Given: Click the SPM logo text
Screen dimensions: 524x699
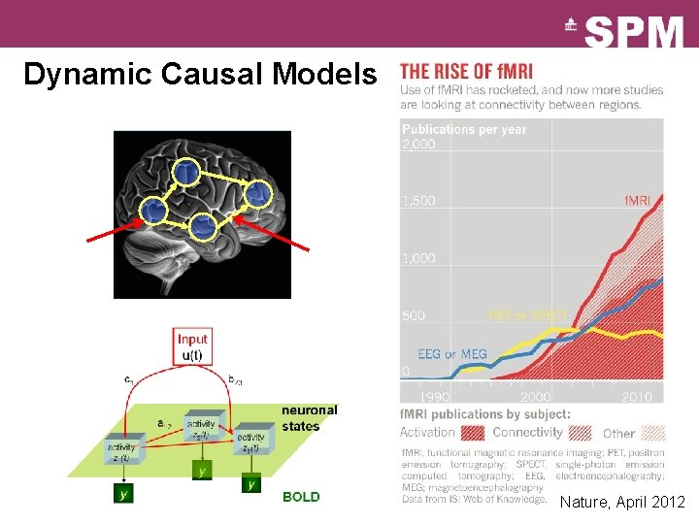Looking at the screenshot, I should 634,33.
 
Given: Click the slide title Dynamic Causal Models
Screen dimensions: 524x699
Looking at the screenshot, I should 199,75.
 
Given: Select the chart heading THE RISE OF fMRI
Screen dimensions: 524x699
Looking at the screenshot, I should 475,73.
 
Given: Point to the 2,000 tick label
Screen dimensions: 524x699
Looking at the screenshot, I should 418,145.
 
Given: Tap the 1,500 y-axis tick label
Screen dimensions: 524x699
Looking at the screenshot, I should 418,201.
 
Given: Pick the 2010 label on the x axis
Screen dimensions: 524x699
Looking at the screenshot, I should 636,397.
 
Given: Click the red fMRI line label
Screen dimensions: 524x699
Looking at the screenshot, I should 637,201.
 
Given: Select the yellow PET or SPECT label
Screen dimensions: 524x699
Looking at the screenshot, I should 527,316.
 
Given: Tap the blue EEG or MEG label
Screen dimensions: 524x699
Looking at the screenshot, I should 452,354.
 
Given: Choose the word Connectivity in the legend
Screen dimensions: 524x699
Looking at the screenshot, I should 528,432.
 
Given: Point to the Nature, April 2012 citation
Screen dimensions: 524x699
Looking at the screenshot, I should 622,503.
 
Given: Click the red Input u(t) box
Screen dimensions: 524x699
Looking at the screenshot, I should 192,346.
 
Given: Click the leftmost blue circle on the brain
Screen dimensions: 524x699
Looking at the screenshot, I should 151,210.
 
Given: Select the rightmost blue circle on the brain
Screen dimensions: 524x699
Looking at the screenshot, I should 257,194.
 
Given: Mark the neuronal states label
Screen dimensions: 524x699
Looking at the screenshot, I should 310,418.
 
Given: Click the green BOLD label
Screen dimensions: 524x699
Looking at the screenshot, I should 301,497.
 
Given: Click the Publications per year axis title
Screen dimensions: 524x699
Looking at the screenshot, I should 463,129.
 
